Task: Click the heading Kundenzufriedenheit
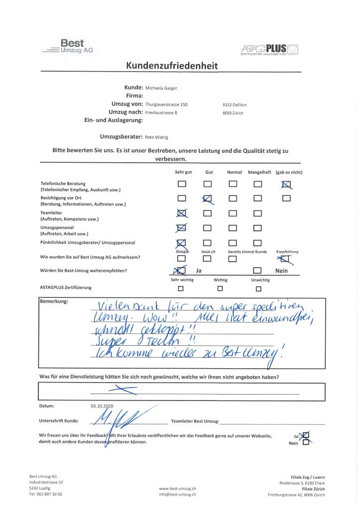tap(172, 66)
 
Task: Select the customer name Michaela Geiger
tap(161, 88)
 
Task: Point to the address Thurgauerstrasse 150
tap(166, 104)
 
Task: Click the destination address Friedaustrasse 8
tap(161, 113)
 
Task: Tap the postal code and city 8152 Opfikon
tap(235, 105)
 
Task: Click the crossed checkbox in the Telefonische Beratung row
tap(286, 184)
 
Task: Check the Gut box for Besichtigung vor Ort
tap(208, 199)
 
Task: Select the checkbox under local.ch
tap(208, 258)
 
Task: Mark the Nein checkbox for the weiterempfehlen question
tap(257, 271)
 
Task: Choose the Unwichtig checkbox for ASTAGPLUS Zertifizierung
tap(257, 288)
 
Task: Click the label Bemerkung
tap(54, 302)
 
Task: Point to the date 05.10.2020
tap(103, 406)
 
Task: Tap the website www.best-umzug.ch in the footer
tap(177, 489)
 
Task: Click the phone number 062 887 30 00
tap(49, 494)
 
